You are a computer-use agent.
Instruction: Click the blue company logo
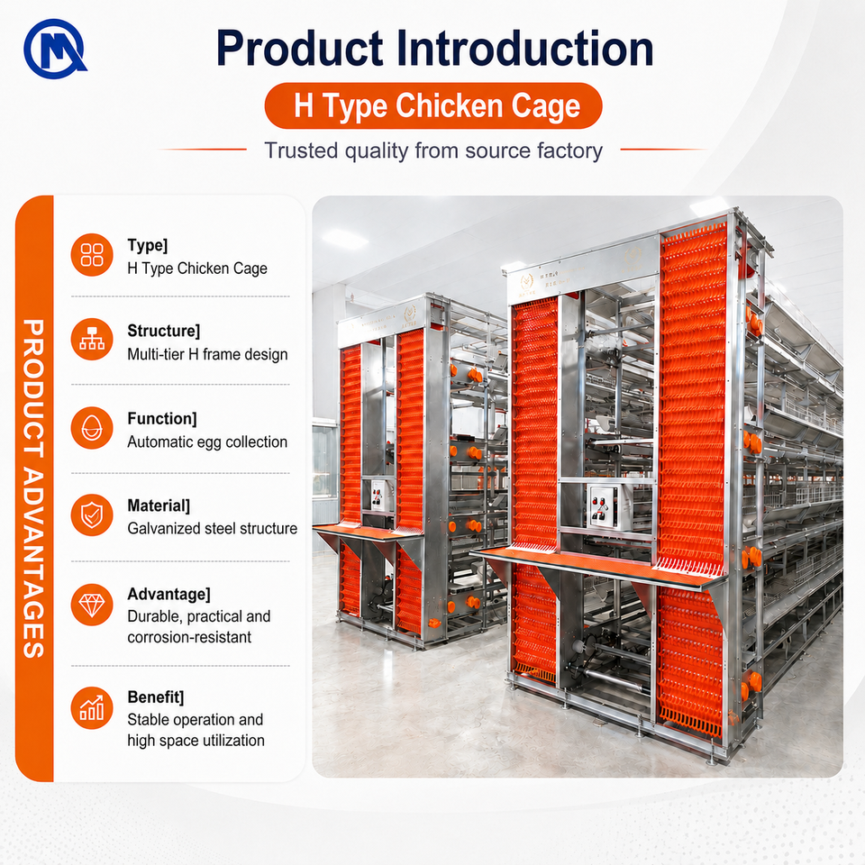click(55, 49)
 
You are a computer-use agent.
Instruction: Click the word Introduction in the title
click(524, 48)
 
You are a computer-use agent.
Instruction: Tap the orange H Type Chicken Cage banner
click(433, 106)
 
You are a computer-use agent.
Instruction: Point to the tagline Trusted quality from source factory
click(433, 150)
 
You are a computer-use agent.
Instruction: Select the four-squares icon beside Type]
click(92, 255)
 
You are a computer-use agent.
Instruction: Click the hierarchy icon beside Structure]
click(92, 340)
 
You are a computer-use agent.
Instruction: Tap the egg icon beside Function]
click(92, 428)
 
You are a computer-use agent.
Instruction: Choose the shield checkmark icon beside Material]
click(92, 515)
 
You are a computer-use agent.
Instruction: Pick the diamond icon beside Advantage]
click(92, 605)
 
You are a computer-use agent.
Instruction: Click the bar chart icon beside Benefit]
click(92, 708)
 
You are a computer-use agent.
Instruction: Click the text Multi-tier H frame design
click(207, 354)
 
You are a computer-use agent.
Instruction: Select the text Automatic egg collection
click(207, 442)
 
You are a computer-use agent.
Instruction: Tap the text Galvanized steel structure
click(213, 529)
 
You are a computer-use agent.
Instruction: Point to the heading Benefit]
click(156, 697)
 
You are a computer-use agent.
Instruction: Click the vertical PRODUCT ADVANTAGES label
click(33, 488)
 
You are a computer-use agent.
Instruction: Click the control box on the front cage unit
click(606, 505)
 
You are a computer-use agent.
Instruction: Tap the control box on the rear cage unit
click(379, 495)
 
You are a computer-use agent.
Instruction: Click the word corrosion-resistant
click(189, 638)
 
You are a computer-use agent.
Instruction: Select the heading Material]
click(159, 505)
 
